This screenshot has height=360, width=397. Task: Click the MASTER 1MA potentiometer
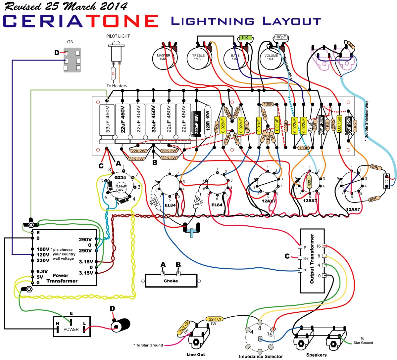pos(164,58)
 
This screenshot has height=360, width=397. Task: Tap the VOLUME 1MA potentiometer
pos(271,58)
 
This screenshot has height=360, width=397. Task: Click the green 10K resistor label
pos(245,38)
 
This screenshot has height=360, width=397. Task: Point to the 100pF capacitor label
pos(280,37)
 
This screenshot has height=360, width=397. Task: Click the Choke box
pos(171,281)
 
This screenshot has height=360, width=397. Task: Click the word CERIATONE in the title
pos(80,21)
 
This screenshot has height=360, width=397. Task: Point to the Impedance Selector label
pos(261,356)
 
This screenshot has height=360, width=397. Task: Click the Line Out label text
pos(196,354)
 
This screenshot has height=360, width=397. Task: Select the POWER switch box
pos(72,327)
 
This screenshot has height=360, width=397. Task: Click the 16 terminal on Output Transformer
pos(325,246)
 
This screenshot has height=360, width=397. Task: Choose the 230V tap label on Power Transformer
pos(42,260)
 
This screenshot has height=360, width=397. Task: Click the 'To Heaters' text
pos(117,86)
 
